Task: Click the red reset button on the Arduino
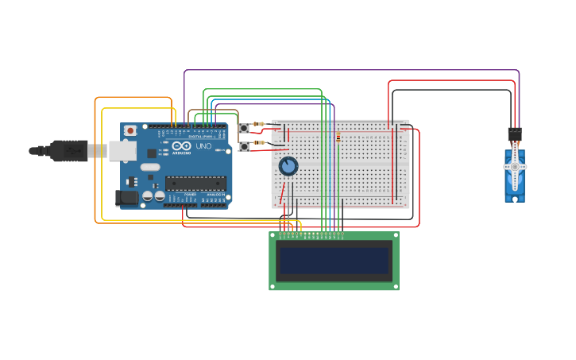pos(130,130)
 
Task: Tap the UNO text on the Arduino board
pos(203,146)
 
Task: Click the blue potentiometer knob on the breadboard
pos(288,166)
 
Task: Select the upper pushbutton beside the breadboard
pos(244,128)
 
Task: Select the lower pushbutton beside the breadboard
pos(244,147)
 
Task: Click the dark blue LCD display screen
pos(334,260)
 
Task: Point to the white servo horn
pos(515,166)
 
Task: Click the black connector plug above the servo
pos(515,134)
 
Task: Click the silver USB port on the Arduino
pos(120,149)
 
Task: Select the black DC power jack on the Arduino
pos(125,198)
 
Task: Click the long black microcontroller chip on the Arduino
pos(195,183)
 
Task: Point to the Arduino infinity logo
pos(182,146)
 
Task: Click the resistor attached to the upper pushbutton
pos(259,124)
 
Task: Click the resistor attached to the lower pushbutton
pos(259,142)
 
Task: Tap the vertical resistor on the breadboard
pos(338,137)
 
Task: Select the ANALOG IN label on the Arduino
pos(215,194)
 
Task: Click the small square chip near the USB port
pos(151,153)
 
